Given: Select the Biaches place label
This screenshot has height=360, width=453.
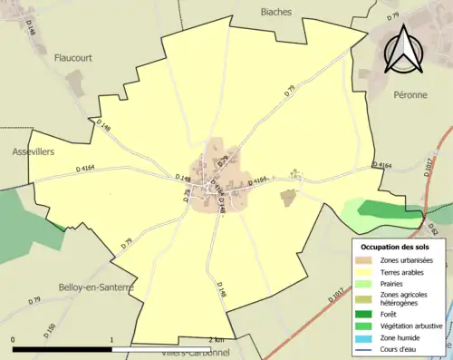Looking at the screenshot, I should pos(275,12).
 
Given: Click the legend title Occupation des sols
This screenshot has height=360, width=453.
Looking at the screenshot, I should pos(396,247).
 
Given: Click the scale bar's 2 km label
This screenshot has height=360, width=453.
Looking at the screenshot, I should pos(216,340).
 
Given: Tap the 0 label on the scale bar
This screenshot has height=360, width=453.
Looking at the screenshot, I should pos(14,340).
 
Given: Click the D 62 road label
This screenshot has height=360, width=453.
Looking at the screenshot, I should pos(433,229).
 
